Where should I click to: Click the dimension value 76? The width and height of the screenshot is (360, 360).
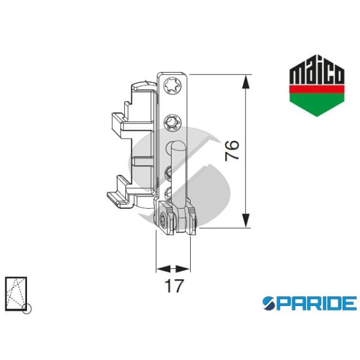point(233,150)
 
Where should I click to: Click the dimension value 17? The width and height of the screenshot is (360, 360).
point(173,286)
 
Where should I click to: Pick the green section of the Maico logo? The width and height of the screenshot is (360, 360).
point(317,103)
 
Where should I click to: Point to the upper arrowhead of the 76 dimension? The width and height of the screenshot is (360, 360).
point(245,82)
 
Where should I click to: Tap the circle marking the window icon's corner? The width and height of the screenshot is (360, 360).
point(26,309)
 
